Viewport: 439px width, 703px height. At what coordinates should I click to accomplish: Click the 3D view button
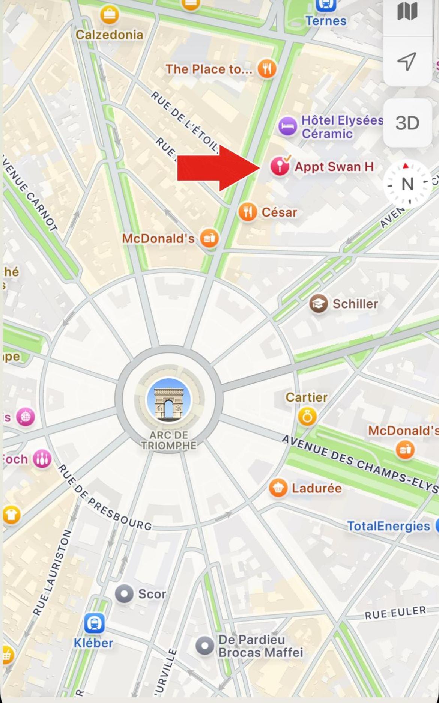tap(407, 123)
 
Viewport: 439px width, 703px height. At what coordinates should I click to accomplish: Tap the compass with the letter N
tap(407, 184)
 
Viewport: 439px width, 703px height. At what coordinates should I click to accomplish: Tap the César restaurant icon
tap(248, 212)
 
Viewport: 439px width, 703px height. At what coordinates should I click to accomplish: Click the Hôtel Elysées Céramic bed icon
tap(288, 126)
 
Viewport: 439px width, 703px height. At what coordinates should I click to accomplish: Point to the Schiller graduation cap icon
tap(319, 304)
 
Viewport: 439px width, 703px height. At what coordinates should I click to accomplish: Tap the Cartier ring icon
tap(307, 417)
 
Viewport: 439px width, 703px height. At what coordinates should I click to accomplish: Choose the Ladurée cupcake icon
tap(278, 488)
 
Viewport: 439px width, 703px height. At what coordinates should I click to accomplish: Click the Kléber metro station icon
tap(94, 623)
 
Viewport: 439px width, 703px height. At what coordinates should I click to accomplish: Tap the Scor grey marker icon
tap(124, 594)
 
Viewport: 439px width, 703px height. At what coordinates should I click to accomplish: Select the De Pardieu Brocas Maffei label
tap(260, 646)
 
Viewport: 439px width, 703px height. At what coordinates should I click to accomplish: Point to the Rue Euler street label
tap(395, 613)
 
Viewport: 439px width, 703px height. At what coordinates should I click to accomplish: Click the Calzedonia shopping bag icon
tap(109, 15)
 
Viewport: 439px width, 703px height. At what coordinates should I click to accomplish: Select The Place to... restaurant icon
tap(267, 69)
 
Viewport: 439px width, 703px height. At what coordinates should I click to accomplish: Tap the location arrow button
tap(407, 61)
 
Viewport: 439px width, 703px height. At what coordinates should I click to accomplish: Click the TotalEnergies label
tap(388, 526)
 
